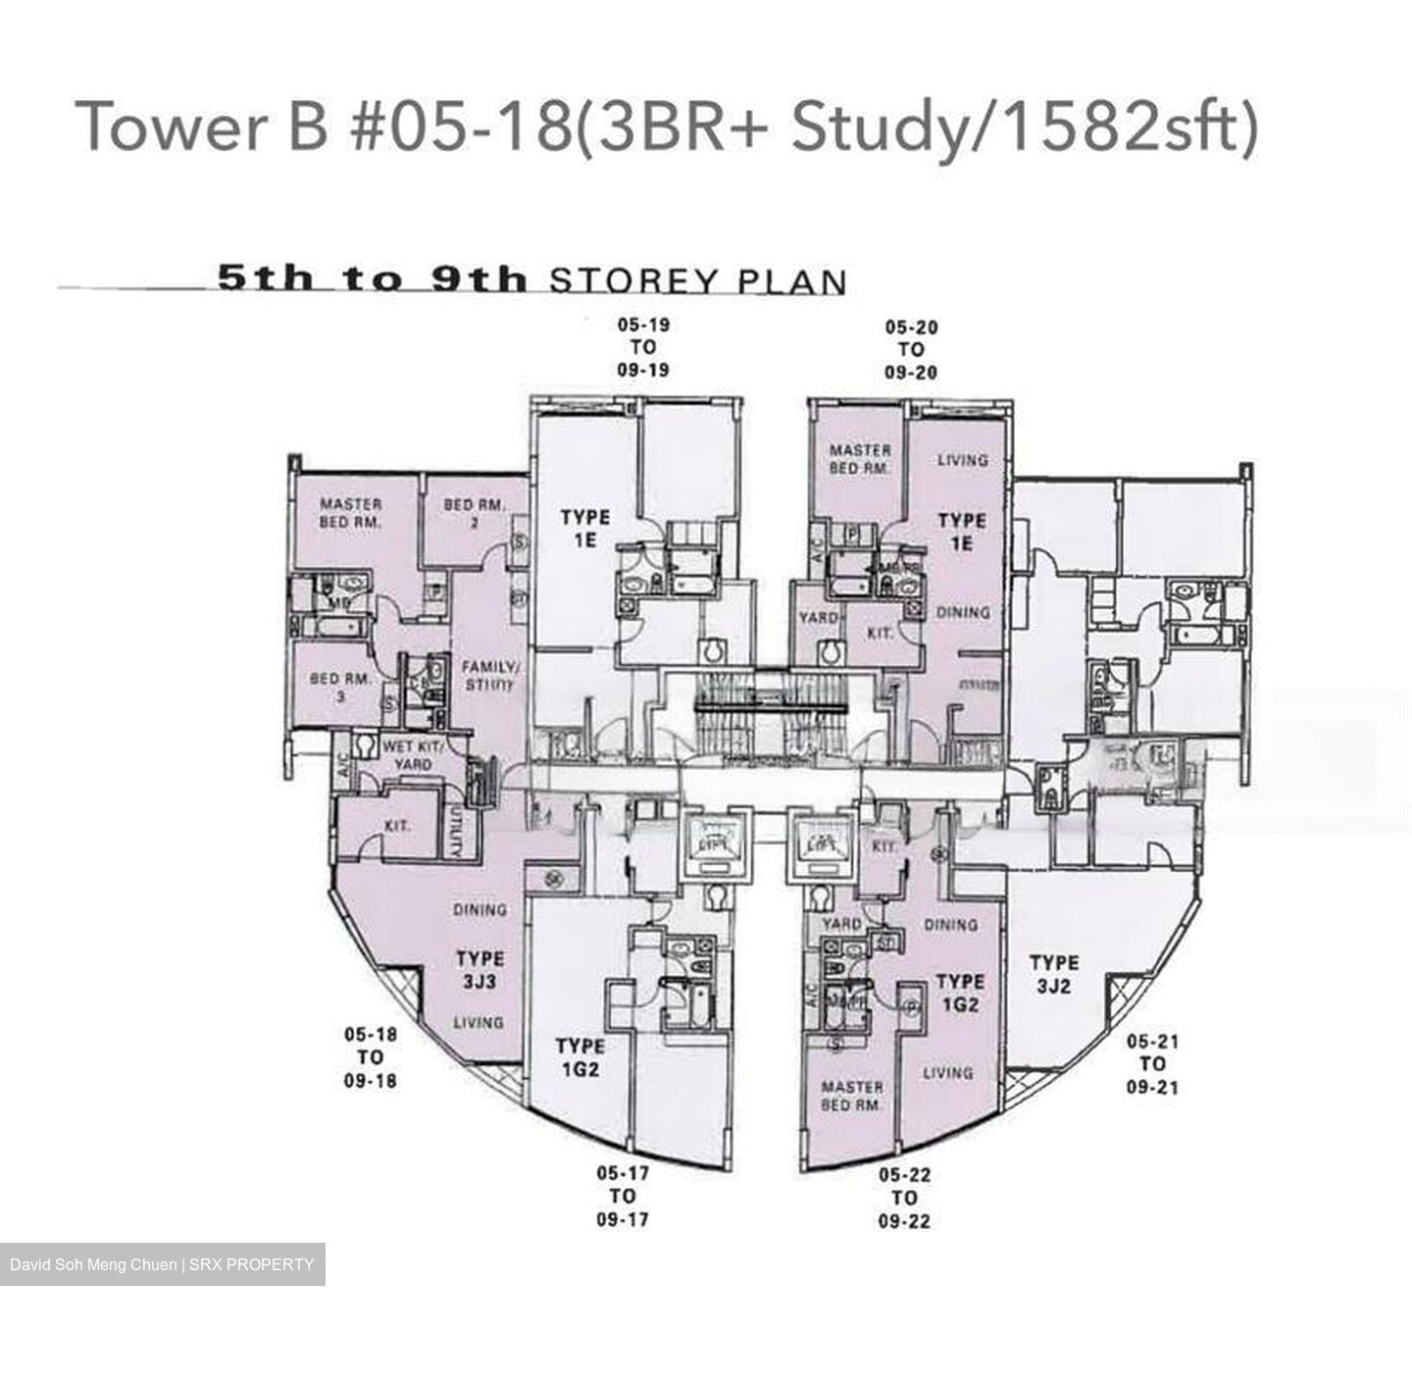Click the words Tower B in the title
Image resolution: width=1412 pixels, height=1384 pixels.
pos(201,127)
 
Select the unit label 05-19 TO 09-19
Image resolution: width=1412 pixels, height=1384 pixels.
pos(643,347)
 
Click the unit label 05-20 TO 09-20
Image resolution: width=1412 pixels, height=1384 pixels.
pos(911,349)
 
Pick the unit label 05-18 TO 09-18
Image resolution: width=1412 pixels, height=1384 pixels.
pos(371,1057)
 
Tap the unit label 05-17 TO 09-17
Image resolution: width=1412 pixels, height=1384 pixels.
pos(623,1196)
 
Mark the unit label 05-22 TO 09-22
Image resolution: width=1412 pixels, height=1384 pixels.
pos(904,1198)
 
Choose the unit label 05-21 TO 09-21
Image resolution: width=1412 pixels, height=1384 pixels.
pos(1152,1064)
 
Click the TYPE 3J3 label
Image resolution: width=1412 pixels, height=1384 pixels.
pos(479,969)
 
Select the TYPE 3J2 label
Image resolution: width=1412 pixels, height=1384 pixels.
pos(1053,974)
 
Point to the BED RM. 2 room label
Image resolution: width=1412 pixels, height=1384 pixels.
pos(474,513)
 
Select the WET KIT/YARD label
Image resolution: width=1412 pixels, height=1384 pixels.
pos(412,754)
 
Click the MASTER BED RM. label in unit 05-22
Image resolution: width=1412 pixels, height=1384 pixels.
pos(851,1096)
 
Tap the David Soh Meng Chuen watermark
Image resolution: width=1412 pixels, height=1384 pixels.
pos(162,1264)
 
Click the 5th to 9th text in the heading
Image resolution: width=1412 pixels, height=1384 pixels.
pos(373,280)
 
